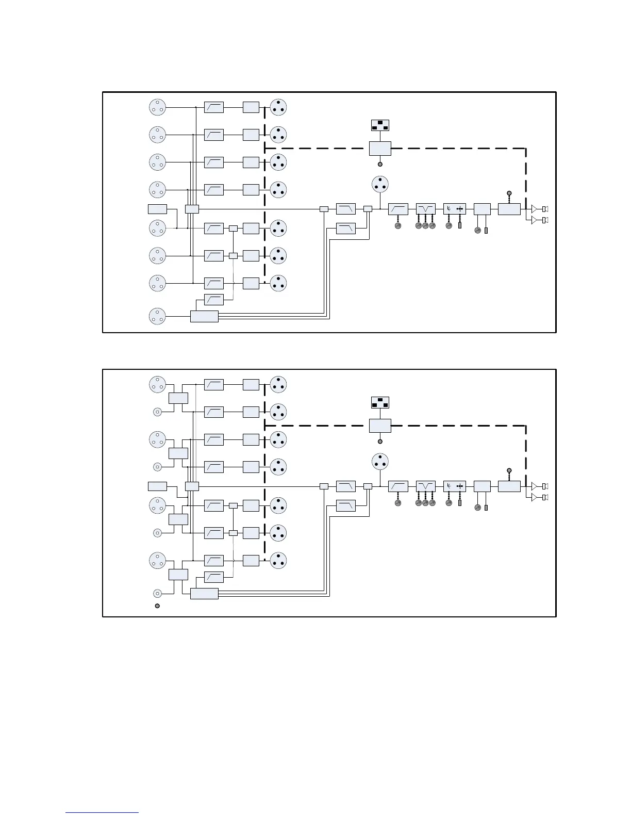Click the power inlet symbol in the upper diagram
(380, 125)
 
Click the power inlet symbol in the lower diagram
(380, 403)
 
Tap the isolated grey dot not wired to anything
(157, 606)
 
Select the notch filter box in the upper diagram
(425, 209)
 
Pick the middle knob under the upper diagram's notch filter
(425, 226)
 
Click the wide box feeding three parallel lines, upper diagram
(204, 316)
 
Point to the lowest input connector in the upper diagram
(157, 316)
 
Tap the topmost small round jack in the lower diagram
(157, 412)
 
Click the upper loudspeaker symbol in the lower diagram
(544, 486)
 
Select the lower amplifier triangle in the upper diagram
(534, 220)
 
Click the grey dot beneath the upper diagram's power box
(380, 164)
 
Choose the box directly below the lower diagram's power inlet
(380, 426)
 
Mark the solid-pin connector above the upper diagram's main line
(380, 184)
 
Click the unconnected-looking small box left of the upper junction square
(157, 209)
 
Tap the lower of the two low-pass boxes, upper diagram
(345, 228)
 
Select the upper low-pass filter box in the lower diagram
(345, 486)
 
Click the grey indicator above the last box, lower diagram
(509, 470)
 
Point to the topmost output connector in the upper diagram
(278, 107)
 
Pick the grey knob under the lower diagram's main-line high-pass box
(398, 503)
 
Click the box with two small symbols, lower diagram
(454, 486)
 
